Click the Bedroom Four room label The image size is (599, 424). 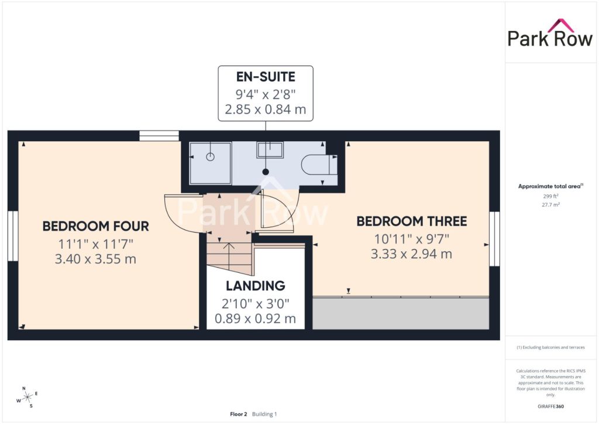[x=95, y=226]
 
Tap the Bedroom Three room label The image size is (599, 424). [x=411, y=221]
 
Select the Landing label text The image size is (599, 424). [x=255, y=286]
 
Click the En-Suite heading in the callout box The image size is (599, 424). [x=266, y=77]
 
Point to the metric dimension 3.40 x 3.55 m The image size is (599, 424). [x=95, y=259]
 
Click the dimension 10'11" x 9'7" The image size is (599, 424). [x=411, y=239]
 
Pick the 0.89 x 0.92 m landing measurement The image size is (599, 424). [x=255, y=319]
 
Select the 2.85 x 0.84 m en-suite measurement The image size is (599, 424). [x=266, y=110]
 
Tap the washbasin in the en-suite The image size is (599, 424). [x=270, y=149]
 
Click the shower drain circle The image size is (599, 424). [x=210, y=157]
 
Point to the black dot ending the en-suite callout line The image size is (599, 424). [x=266, y=172]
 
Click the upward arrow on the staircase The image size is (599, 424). [x=229, y=255]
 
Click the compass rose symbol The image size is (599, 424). [x=27, y=398]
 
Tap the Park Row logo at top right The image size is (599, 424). [x=550, y=33]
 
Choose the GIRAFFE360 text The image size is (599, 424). [x=550, y=406]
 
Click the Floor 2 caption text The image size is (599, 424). [x=239, y=414]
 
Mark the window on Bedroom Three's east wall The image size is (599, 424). [x=495, y=239]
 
